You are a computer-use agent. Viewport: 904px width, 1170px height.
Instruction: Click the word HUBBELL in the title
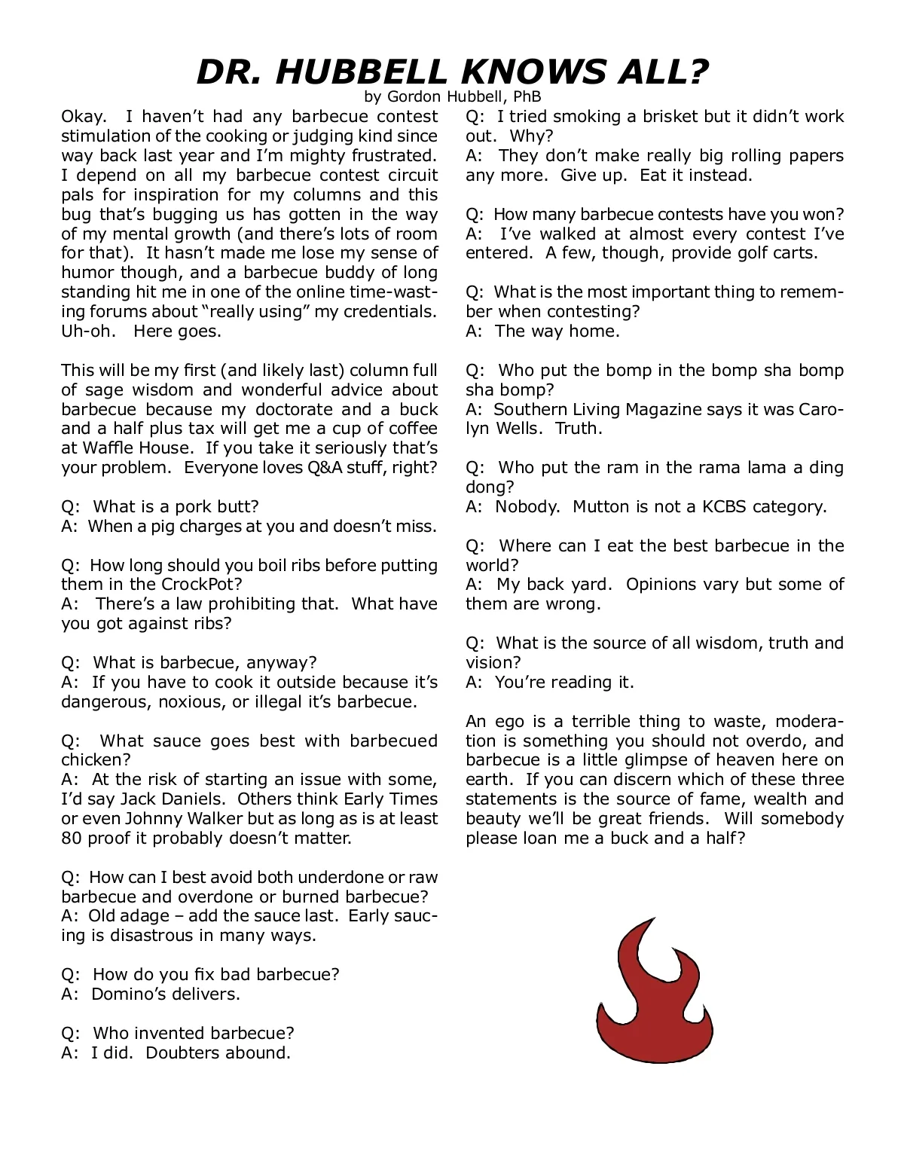coord(362,72)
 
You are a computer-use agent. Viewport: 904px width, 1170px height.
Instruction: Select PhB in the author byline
coord(527,96)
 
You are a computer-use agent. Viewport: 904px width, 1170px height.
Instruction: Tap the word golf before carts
coord(745,253)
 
